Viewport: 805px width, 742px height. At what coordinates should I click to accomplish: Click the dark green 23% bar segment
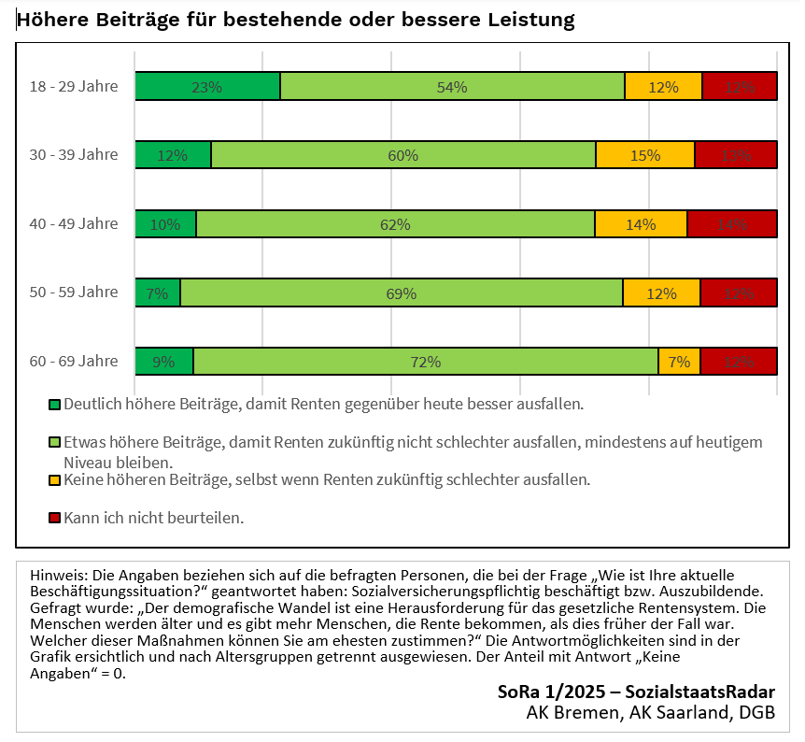(207, 87)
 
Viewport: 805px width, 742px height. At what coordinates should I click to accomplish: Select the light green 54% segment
(452, 87)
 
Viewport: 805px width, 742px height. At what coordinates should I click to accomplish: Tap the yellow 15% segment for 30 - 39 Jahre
(644, 155)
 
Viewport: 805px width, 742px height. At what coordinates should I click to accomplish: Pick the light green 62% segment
(395, 224)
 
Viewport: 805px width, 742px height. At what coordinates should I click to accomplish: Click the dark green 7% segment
(158, 293)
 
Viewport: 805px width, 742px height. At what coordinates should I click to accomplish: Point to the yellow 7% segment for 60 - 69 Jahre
(679, 362)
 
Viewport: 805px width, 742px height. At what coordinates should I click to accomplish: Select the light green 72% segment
(426, 362)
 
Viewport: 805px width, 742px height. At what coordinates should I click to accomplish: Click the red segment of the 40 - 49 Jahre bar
(732, 224)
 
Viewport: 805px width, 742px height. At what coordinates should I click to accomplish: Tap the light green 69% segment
(402, 293)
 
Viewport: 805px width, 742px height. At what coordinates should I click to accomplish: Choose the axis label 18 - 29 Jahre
(74, 87)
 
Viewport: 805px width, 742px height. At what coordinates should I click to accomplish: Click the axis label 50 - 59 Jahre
(74, 293)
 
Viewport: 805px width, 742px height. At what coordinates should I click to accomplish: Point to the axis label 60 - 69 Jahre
(74, 362)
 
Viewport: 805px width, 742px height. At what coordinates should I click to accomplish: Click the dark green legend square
(54, 405)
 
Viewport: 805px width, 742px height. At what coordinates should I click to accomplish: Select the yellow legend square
(54, 480)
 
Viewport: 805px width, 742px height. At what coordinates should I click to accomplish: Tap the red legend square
(54, 517)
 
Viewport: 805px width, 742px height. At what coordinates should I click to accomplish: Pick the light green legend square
(54, 442)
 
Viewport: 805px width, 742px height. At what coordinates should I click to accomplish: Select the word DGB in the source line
(756, 713)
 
